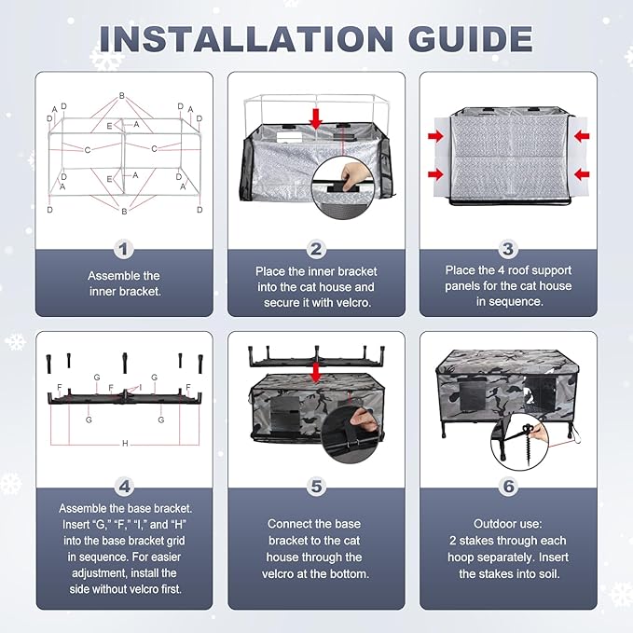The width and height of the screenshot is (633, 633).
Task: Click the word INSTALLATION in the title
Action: tap(246, 39)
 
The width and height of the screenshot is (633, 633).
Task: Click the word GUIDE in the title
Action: tap(471, 39)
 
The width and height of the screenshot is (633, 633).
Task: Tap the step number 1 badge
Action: tap(124, 250)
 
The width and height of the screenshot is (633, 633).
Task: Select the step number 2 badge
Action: tap(316, 250)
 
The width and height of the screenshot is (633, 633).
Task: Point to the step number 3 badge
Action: tap(508, 249)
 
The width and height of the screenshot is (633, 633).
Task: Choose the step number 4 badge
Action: tap(124, 487)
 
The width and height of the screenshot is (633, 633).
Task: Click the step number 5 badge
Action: tap(317, 487)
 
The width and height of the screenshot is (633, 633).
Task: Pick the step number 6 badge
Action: tap(509, 487)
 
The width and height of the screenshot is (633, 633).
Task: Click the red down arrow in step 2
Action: tap(316, 118)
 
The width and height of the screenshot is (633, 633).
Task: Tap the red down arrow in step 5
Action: tap(316, 372)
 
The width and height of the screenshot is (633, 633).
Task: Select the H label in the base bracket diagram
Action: tap(125, 443)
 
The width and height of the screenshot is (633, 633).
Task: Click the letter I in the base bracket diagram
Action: tap(141, 388)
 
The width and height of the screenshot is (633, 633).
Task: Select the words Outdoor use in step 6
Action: tap(508, 524)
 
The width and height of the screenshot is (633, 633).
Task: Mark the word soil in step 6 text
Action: tap(549, 573)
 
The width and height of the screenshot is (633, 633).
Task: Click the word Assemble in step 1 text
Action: tap(109, 276)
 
